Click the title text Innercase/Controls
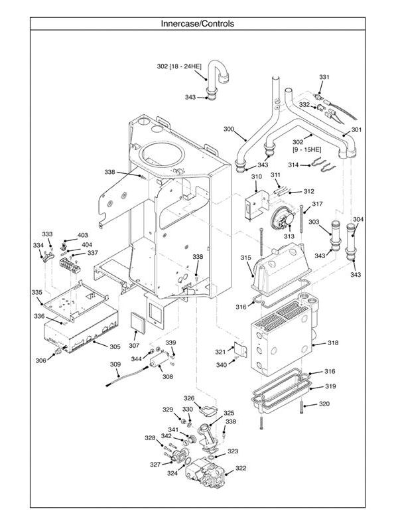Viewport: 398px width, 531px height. pyautogui.click(x=197, y=24)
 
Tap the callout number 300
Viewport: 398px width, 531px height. pyautogui.click(x=229, y=129)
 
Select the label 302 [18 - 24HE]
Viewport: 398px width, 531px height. pyautogui.click(x=179, y=66)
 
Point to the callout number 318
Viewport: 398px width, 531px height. pyautogui.click(x=332, y=343)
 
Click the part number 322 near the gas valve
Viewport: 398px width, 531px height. pyautogui.click(x=241, y=468)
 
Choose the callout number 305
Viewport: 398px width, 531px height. pyautogui.click(x=115, y=346)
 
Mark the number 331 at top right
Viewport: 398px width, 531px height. pyautogui.click(x=324, y=78)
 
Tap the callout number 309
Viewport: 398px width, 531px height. pyautogui.click(x=115, y=364)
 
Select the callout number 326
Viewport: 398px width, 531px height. pyautogui.click(x=189, y=398)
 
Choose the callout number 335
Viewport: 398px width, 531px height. pyautogui.click(x=36, y=293)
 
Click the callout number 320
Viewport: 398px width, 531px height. pyautogui.click(x=324, y=404)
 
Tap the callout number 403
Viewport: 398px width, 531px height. pyautogui.click(x=82, y=236)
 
